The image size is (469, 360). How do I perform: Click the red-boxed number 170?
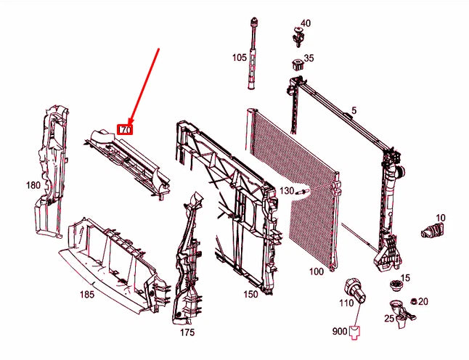(125, 129)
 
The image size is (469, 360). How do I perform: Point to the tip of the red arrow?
(129, 124)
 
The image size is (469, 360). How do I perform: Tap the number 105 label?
(240, 57)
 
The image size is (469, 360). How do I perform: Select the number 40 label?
(306, 23)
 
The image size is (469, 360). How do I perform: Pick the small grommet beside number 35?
(298, 65)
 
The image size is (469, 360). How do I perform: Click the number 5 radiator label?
(354, 110)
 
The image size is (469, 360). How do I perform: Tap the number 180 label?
(33, 185)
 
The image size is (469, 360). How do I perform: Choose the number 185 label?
(87, 295)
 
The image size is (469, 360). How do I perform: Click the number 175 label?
(187, 332)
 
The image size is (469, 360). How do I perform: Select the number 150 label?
(250, 294)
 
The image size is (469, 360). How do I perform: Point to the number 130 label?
(287, 190)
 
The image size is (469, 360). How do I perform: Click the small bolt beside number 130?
(302, 192)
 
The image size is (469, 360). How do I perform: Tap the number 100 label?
(317, 271)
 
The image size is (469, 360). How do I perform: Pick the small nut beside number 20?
(415, 301)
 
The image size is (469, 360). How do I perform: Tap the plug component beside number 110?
(356, 292)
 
